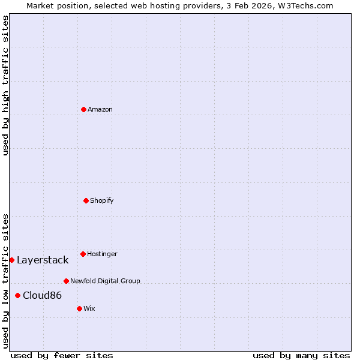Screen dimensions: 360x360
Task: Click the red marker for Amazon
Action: coord(83,109)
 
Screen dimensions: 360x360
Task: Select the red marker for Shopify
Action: coord(86,200)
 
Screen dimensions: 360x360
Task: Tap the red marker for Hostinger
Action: coord(83,254)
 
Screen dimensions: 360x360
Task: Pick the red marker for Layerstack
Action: coord(11,260)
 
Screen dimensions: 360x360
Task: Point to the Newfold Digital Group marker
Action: coord(66,281)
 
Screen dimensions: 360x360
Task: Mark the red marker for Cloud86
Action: coord(17,295)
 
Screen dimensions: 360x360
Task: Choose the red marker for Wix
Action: coord(79,308)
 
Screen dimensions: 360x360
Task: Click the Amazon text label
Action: coord(100,109)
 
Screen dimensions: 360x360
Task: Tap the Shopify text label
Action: coord(102,200)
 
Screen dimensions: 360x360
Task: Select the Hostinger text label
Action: coord(102,254)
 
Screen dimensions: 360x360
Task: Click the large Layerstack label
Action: coord(43,260)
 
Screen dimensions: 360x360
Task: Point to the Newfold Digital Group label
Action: coord(105,281)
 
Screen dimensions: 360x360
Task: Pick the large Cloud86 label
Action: coord(42,295)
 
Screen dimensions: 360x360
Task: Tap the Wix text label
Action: coord(89,308)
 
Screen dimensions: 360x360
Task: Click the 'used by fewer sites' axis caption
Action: coord(62,356)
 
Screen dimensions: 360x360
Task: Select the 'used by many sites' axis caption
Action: coord(301,356)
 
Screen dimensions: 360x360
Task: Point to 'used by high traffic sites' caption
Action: coord(5,85)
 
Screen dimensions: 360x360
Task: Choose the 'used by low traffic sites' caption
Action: coord(5,280)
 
